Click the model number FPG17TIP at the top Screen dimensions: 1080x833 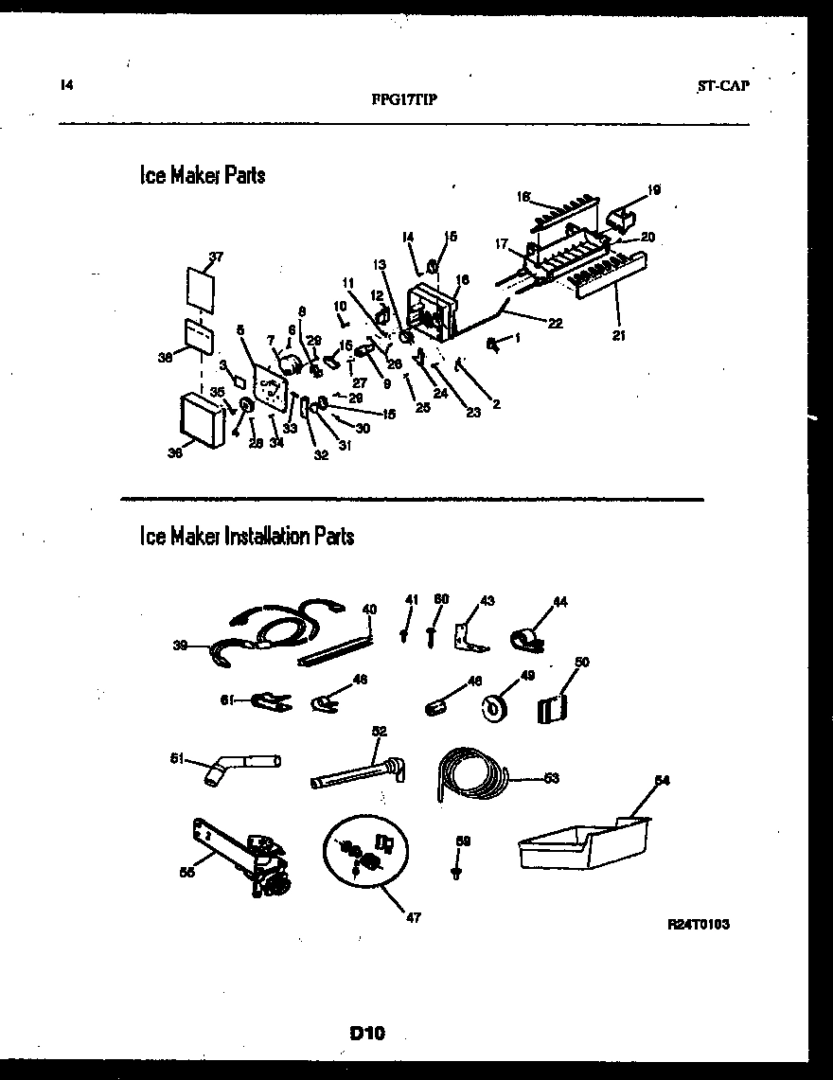405,98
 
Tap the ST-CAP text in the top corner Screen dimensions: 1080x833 723,85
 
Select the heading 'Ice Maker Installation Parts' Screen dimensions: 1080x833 247,537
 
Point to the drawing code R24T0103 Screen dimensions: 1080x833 699,924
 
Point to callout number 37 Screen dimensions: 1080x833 217,257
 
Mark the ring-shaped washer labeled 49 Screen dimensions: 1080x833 494,707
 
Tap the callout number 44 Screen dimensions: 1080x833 559,602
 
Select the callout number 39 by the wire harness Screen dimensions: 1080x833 179,646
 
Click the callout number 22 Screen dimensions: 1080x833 555,323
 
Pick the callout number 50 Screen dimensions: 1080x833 581,662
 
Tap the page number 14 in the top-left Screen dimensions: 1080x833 66,85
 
